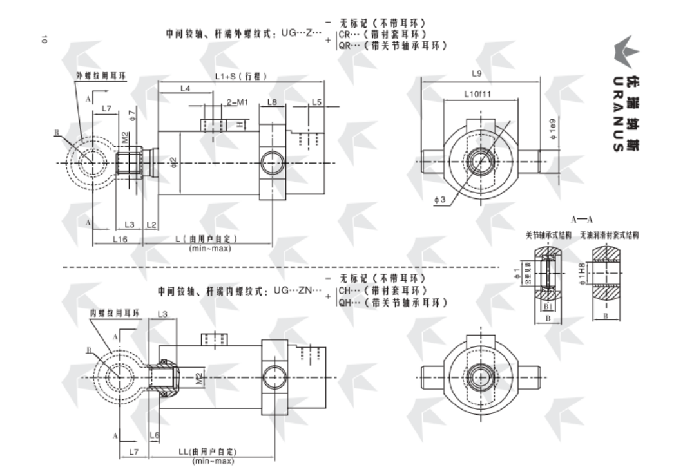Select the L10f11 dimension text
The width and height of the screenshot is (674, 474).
(x=478, y=94)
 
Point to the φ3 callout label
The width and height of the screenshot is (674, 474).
(x=441, y=202)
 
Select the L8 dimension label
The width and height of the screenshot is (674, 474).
(x=272, y=102)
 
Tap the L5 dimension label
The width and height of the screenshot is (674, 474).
(x=316, y=102)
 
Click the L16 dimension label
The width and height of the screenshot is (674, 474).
(x=120, y=239)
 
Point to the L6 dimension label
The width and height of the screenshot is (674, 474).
(x=154, y=436)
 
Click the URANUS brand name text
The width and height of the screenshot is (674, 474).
(x=617, y=117)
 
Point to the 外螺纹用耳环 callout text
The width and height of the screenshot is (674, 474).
(x=101, y=75)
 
